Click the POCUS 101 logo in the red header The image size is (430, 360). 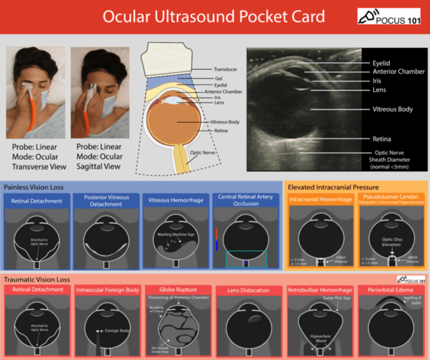[x=389, y=16]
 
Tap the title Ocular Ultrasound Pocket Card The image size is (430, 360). [x=214, y=17]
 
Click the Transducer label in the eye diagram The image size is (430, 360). [x=225, y=69]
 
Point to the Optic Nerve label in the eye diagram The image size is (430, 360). [x=202, y=153]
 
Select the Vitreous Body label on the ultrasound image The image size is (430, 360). [x=393, y=109]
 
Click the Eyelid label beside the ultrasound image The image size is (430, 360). [x=381, y=63]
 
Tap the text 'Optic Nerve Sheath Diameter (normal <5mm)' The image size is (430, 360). [x=389, y=160]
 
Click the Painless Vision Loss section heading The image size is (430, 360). [x=34, y=187]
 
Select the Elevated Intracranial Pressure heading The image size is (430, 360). [x=333, y=187]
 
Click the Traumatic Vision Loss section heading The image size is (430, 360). [x=37, y=279]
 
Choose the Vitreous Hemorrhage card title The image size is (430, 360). [x=176, y=200]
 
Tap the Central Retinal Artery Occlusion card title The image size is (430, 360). [x=246, y=200]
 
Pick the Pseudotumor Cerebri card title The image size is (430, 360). [x=392, y=197]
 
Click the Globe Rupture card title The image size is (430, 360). [x=178, y=289]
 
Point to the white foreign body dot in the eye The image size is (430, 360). [x=98, y=331]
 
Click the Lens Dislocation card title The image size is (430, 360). [x=248, y=290]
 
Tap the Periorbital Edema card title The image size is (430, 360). [x=390, y=289]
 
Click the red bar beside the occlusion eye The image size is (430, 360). [x=216, y=233]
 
